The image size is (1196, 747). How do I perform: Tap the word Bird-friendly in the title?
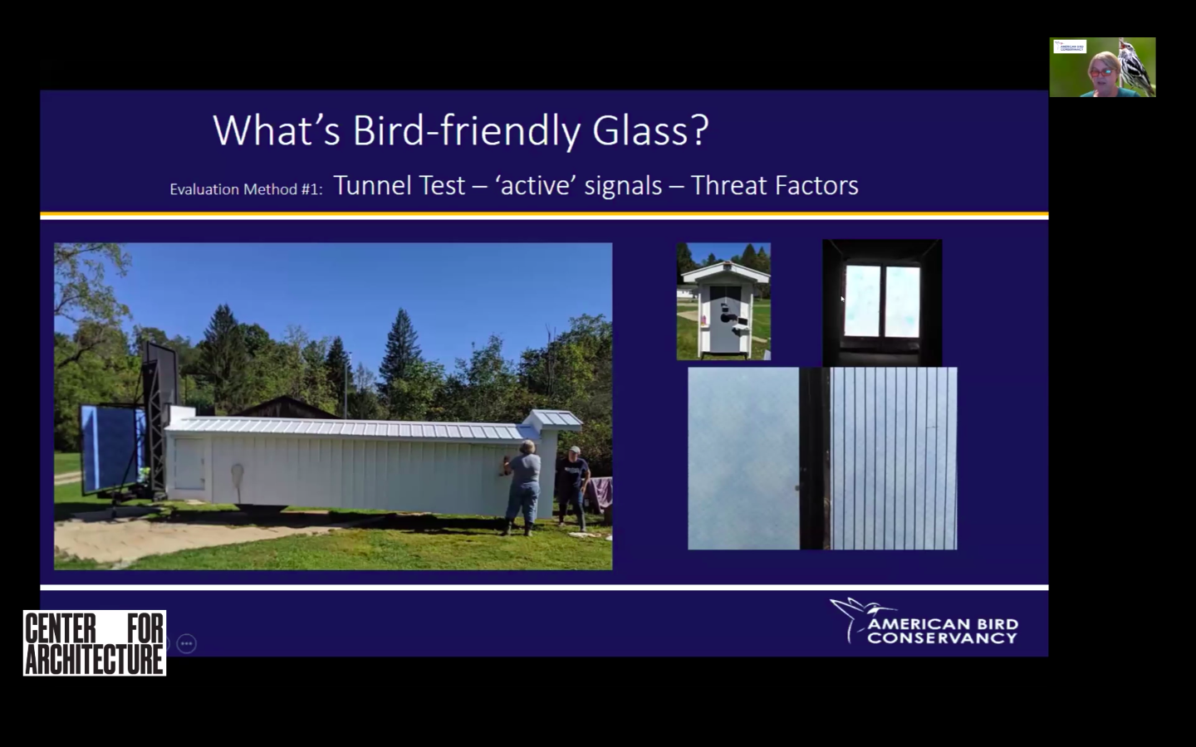(466, 130)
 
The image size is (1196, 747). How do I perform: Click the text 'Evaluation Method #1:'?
(246, 189)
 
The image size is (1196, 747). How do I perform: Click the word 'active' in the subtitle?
(536, 185)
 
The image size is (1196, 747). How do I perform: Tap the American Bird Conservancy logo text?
(942, 631)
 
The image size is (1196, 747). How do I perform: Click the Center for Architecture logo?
(95, 643)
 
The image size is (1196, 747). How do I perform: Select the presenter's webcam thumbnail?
(1102, 67)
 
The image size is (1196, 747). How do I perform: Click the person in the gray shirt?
(523, 486)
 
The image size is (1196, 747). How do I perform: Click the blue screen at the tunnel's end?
(108, 446)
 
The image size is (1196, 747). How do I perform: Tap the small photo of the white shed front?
(723, 301)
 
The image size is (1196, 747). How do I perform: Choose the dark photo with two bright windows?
(882, 302)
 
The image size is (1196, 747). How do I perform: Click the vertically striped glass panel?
(893, 458)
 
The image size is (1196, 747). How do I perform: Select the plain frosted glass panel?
(743, 458)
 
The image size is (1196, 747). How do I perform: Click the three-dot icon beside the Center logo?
(187, 643)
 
